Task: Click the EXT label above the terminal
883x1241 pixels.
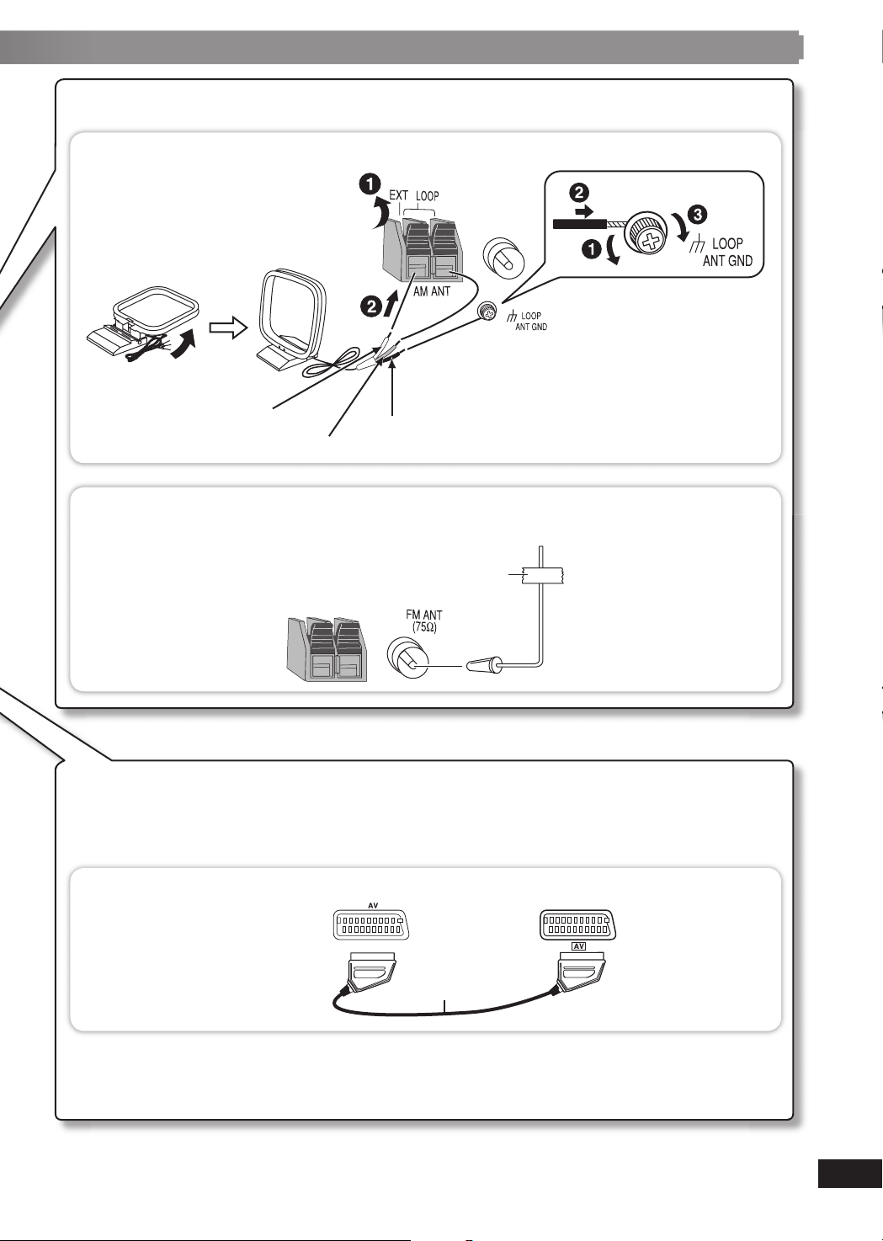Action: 398,195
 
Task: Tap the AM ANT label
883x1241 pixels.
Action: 432,291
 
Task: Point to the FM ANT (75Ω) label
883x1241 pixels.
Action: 423,621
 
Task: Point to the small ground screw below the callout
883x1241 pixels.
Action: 486,311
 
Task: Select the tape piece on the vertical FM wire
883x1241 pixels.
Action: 542,575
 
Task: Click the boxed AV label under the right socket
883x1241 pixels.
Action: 578,946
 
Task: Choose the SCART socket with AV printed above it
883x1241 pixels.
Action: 372,926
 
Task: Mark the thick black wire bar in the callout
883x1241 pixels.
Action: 579,223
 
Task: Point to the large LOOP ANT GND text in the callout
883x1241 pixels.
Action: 727,252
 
